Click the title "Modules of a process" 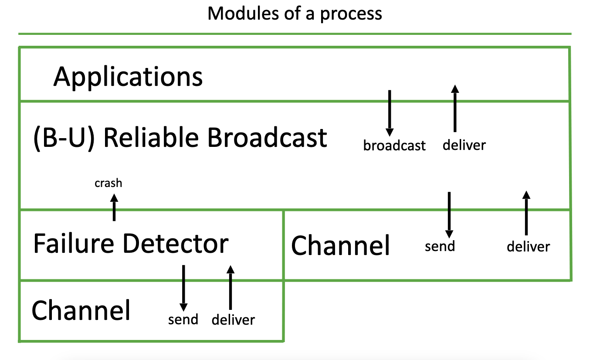point(295,14)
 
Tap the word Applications point(128,77)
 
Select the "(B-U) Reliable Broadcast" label point(180,138)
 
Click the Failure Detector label point(131,243)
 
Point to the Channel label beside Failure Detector point(340,245)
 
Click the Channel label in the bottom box point(81,310)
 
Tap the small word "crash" point(108,183)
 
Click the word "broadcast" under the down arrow point(394,146)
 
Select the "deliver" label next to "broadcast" point(464,145)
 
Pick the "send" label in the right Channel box point(440,246)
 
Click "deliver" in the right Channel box point(528,246)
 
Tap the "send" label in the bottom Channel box point(183,319)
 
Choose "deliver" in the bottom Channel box point(233,319)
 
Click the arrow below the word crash point(114,207)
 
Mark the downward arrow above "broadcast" point(390,113)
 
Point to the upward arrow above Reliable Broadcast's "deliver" point(455,108)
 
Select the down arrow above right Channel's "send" point(449,215)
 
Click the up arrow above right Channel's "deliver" point(526,213)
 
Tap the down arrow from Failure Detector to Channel point(183,288)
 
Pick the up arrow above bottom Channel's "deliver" point(231,287)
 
